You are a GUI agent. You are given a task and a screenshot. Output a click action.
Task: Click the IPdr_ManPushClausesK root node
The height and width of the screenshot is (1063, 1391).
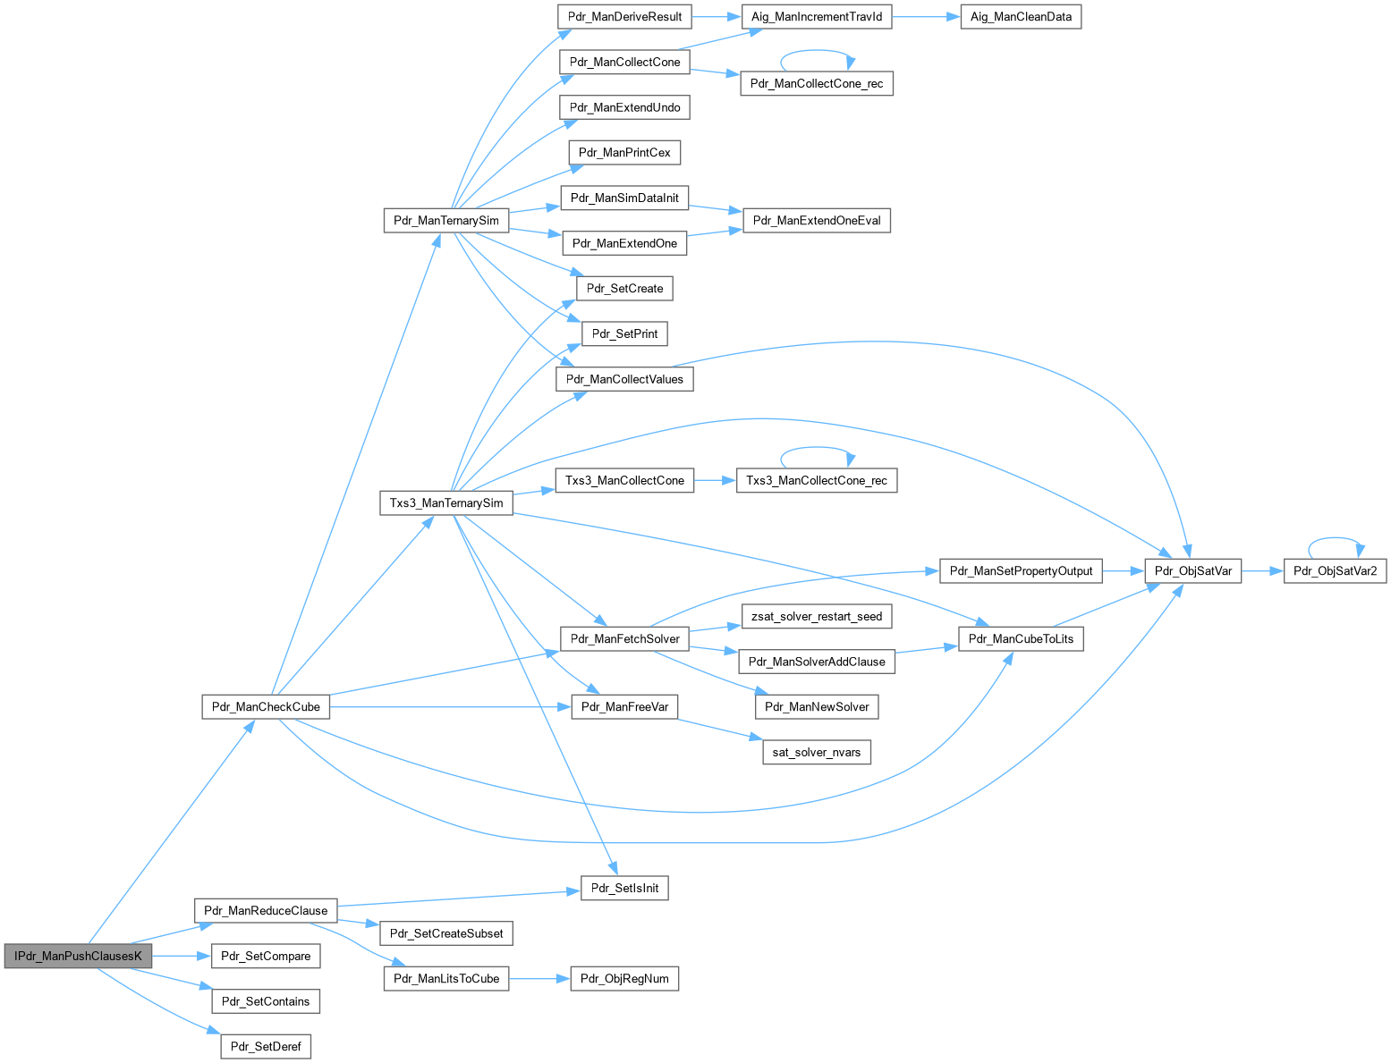coord(78,956)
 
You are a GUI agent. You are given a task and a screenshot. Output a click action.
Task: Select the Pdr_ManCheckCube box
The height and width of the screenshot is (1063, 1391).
coord(266,706)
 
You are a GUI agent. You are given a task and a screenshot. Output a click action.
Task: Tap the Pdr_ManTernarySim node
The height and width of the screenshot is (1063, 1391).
coord(445,220)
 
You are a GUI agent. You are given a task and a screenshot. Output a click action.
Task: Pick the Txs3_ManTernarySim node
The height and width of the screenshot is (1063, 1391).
coord(446,502)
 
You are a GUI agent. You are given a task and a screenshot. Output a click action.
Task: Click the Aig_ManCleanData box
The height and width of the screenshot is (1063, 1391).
coord(1021,16)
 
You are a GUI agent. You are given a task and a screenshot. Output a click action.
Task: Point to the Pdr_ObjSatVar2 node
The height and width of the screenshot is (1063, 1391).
coord(1335,570)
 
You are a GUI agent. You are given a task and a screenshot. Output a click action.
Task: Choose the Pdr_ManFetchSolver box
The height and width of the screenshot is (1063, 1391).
coord(624,638)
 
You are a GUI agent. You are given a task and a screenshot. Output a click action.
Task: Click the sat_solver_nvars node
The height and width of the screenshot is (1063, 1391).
coord(816,752)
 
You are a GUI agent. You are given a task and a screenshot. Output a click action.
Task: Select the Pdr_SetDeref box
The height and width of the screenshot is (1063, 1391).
coord(266,1046)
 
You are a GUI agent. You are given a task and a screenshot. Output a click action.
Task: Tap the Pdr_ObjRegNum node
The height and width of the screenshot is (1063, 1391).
coord(624,978)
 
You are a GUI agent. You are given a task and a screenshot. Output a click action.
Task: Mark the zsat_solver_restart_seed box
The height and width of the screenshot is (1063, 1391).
coord(817,616)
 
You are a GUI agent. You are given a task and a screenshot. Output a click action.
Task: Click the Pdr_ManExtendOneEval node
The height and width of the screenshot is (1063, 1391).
coord(817,220)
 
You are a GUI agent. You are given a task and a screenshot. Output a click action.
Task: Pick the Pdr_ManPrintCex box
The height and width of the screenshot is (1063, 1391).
coord(624,152)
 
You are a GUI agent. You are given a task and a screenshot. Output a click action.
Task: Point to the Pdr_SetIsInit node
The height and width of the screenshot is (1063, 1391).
coord(624,888)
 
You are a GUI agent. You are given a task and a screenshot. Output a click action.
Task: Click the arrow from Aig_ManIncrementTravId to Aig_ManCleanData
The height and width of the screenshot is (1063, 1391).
coord(926,17)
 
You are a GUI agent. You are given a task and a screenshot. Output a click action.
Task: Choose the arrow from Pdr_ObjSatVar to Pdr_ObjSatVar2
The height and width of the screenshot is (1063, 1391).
coord(1262,570)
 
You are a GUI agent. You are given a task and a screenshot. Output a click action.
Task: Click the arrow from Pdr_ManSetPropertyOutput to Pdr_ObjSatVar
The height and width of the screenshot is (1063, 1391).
coord(1124,570)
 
